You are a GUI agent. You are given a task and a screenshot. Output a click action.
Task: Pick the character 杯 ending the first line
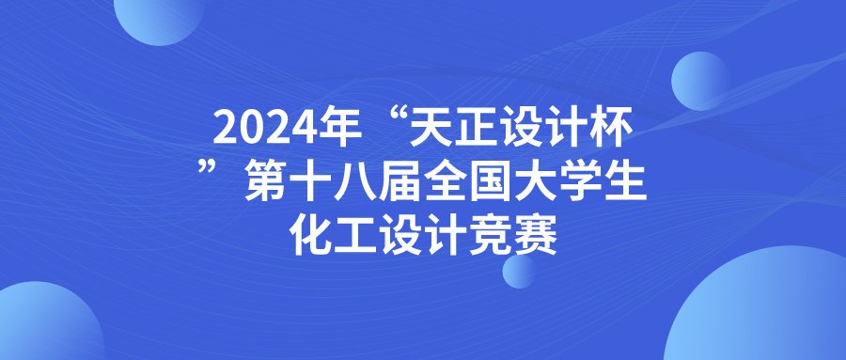[612, 129]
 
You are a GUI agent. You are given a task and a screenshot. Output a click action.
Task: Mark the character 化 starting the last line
[311, 236]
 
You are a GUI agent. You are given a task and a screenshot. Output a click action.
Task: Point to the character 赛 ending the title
[539, 236]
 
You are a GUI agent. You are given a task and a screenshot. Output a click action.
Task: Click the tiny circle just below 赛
[519, 271]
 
